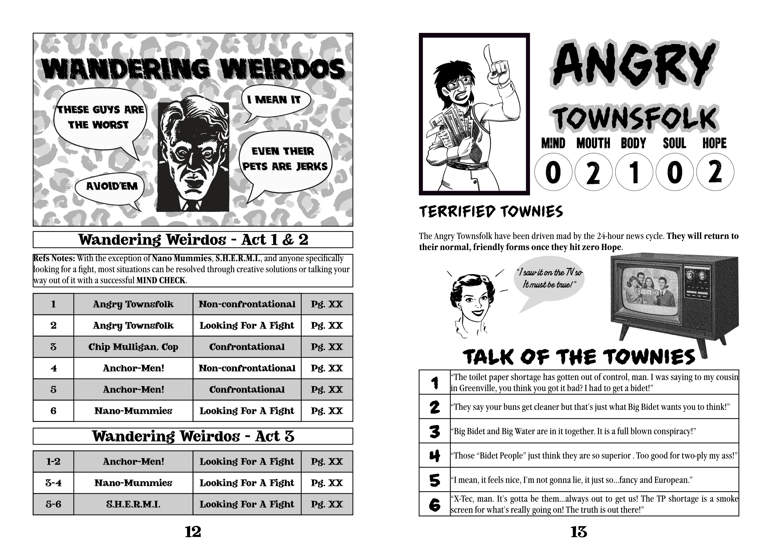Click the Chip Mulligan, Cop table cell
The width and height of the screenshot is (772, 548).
(133, 347)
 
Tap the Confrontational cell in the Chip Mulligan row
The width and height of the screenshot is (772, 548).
(247, 347)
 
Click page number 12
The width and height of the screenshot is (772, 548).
(193, 532)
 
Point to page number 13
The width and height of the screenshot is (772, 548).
(579, 532)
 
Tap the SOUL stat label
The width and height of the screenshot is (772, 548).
(674, 143)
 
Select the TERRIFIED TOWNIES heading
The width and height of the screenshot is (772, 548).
(491, 212)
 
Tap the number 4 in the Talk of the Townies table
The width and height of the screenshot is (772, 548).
(435, 455)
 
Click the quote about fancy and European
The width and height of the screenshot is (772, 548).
(573, 480)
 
